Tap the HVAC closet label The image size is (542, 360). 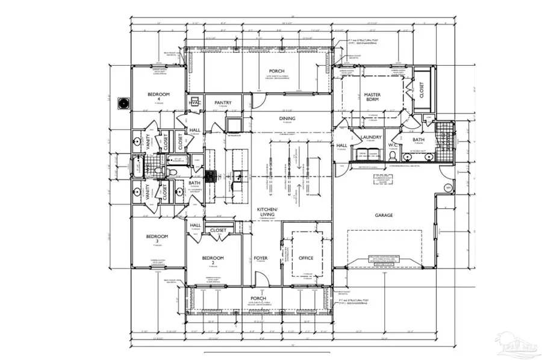tap(195, 103)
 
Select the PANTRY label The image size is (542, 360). tap(223, 103)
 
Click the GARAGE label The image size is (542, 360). tap(384, 215)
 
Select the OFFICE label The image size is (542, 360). tap(306, 258)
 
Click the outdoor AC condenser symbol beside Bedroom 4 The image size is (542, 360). tap(125, 103)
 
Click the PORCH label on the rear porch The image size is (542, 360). tap(277, 71)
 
